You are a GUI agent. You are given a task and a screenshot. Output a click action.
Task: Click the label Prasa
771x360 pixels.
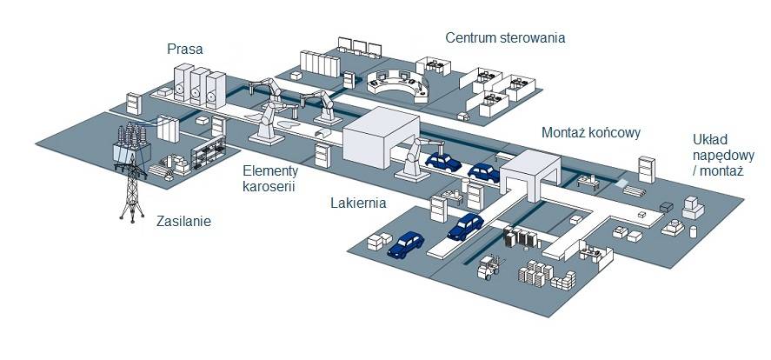(184, 49)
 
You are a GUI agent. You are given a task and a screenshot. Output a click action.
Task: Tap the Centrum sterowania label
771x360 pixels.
(505, 37)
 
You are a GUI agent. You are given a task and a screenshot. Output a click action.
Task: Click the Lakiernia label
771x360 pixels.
(357, 203)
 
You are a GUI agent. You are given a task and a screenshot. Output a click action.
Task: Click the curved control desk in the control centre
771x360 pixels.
(395, 84)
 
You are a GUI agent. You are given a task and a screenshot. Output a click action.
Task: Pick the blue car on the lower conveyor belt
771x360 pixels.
(464, 226)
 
